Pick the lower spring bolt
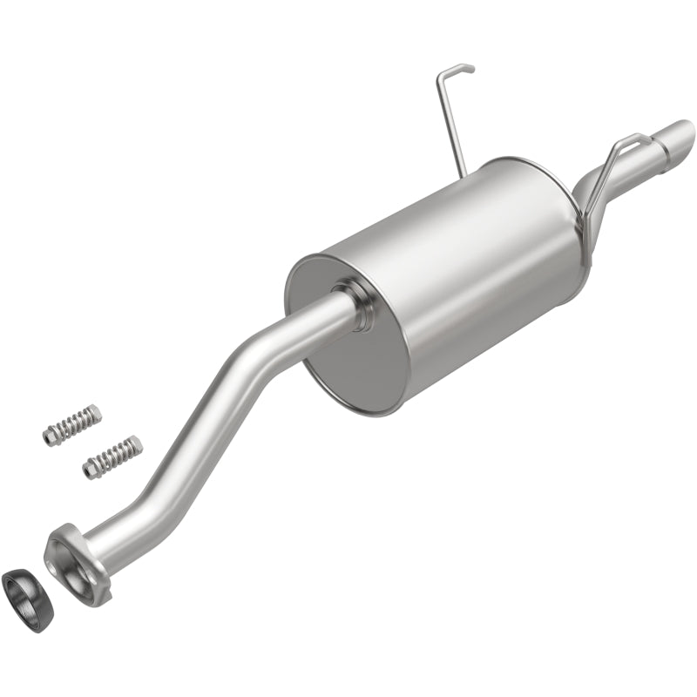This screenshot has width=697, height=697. pyautogui.click(x=114, y=457)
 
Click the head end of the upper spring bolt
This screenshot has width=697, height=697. pyautogui.click(x=51, y=435)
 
